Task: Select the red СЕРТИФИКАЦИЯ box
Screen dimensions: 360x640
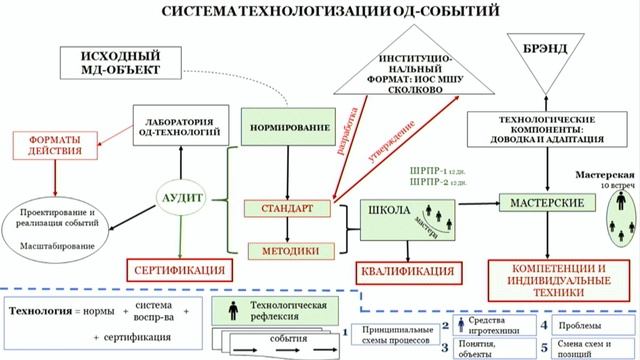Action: pos(176,270)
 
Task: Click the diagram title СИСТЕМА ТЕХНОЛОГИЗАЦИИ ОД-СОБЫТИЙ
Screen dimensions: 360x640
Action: pos(319,11)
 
